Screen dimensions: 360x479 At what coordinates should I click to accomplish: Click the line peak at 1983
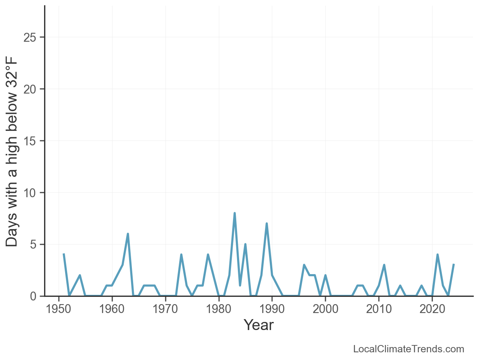click(x=235, y=213)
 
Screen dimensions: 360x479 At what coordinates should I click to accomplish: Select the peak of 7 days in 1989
click(x=267, y=224)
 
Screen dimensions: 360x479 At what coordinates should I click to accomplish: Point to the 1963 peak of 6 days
click(x=128, y=234)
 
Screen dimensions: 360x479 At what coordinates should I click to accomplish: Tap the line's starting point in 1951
click(x=64, y=254)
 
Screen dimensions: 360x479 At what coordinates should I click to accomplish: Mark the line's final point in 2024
click(x=454, y=265)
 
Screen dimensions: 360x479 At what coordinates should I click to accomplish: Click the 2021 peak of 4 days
click(x=438, y=255)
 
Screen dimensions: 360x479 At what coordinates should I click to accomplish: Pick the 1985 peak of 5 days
click(x=245, y=244)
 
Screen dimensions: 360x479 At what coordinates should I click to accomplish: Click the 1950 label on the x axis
click(x=59, y=309)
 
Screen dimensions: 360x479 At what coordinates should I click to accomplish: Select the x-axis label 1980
click(x=219, y=309)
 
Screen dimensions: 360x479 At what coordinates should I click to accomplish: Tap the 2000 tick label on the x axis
click(x=325, y=309)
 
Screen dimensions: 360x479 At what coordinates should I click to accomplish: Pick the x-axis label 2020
click(x=432, y=309)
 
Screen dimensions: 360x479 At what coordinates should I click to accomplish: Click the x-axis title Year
click(x=259, y=325)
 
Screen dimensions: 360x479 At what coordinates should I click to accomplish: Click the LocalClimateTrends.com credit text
click(x=409, y=349)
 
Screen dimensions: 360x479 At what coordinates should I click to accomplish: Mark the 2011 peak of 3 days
click(x=384, y=265)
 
